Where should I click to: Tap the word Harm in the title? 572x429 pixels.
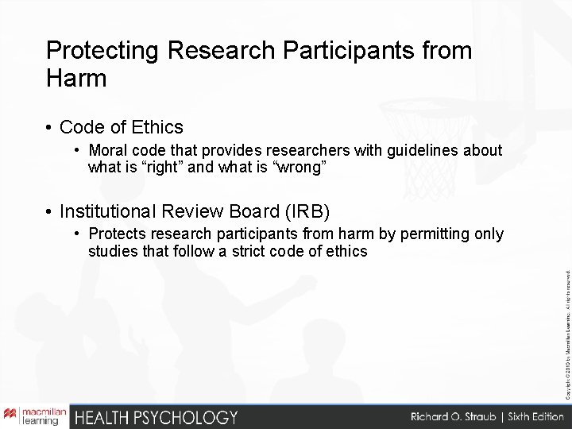[x=76, y=79]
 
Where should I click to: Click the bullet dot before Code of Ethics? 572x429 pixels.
[x=49, y=127]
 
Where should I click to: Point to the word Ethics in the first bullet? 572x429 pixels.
[x=156, y=127]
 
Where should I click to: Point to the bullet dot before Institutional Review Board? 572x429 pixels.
[x=49, y=211]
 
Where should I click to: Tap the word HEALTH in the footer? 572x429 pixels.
[x=99, y=415]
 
